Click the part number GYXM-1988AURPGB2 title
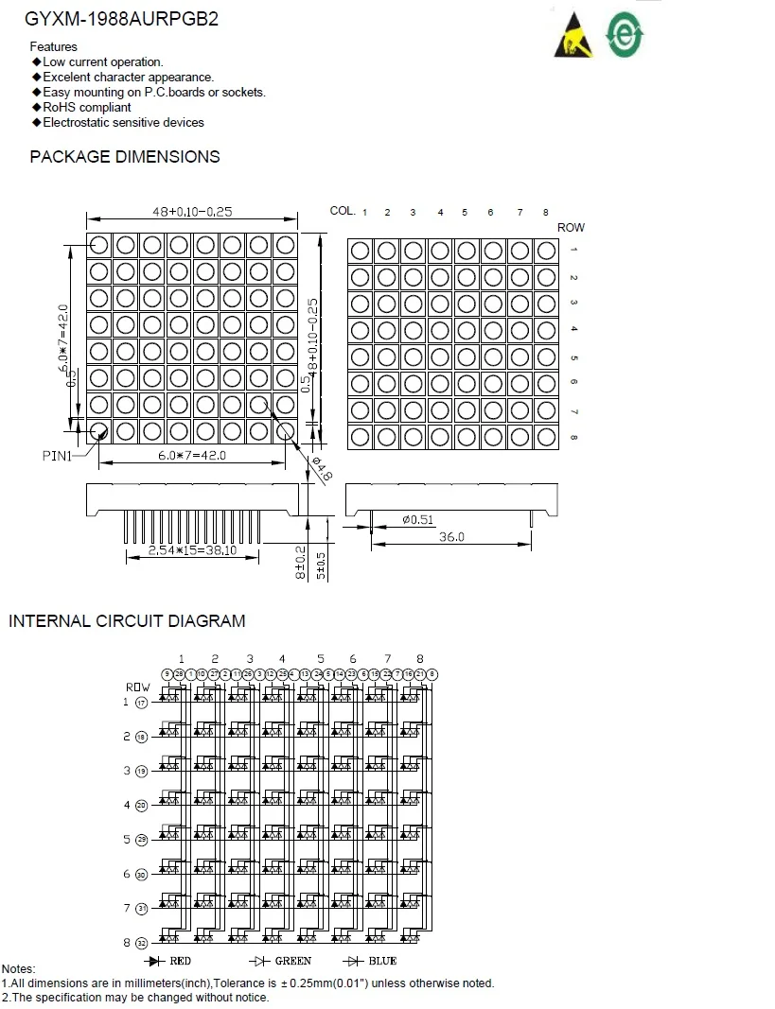(x=121, y=19)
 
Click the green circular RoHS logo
(x=625, y=34)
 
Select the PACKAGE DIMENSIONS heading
(x=125, y=157)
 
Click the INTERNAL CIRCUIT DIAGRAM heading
(x=127, y=621)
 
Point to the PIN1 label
(x=58, y=455)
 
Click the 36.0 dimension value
(x=451, y=536)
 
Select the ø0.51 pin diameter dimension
(x=417, y=519)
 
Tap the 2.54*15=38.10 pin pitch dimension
(x=192, y=551)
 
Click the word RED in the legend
(x=180, y=961)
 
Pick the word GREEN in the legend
(x=292, y=961)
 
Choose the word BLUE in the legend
(x=383, y=961)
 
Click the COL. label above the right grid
(x=342, y=210)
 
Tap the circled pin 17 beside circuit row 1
(x=142, y=703)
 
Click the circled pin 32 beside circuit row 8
(x=142, y=943)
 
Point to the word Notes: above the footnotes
(x=18, y=969)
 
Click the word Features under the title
(x=54, y=46)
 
